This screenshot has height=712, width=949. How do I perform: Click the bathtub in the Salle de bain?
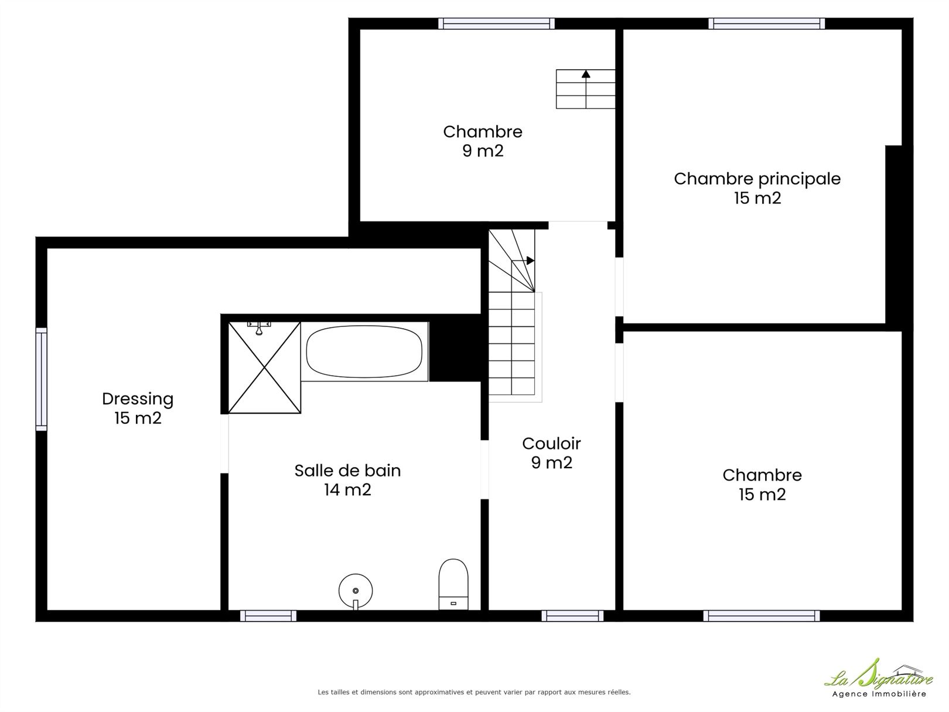click(364, 352)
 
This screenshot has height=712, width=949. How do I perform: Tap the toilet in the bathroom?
click(453, 584)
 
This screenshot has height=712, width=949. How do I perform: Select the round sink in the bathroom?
click(356, 591)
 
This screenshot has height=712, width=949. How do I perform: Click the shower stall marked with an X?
click(265, 367)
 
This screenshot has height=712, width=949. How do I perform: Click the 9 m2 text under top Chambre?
click(483, 151)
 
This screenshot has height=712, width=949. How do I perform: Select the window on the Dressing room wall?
click(41, 379)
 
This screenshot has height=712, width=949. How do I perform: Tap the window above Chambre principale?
click(767, 23)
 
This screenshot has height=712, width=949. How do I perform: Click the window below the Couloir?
click(572, 615)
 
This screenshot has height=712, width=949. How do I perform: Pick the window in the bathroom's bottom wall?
click(268, 615)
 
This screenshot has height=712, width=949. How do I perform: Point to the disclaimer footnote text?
click(474, 692)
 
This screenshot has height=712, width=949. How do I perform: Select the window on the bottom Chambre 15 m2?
click(762, 615)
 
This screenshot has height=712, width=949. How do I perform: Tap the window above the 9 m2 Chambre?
click(496, 23)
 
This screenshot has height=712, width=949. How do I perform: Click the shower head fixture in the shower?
click(259, 328)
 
